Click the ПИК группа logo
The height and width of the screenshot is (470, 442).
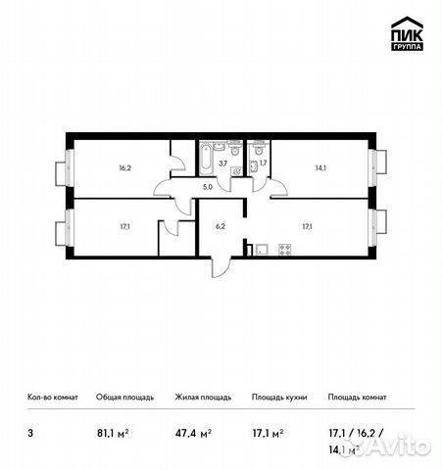pyautogui.click(x=407, y=33)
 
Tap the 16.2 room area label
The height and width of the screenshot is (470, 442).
pyautogui.click(x=124, y=168)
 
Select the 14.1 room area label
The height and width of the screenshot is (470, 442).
pyautogui.click(x=320, y=168)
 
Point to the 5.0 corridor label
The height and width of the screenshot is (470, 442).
pyautogui.click(x=208, y=187)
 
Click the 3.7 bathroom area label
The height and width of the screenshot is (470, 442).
pyautogui.click(x=222, y=164)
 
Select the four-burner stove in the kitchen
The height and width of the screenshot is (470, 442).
pyautogui.click(x=284, y=250)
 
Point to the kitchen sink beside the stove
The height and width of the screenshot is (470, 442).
pyautogui.click(x=262, y=250)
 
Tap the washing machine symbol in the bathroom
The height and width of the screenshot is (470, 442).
pyautogui.click(x=236, y=170)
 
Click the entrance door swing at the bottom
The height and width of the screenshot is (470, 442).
pyautogui.click(x=221, y=267)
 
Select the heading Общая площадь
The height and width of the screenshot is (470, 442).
pyautogui.click(x=124, y=398)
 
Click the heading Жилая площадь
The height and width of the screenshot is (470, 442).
pyautogui.click(x=203, y=398)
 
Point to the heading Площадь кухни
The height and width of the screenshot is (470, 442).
pyautogui.click(x=279, y=398)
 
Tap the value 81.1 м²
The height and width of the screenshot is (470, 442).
pyautogui.click(x=113, y=434)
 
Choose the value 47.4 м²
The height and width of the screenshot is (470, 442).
pyautogui.click(x=193, y=434)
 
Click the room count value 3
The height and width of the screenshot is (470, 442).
pyautogui.click(x=30, y=434)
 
